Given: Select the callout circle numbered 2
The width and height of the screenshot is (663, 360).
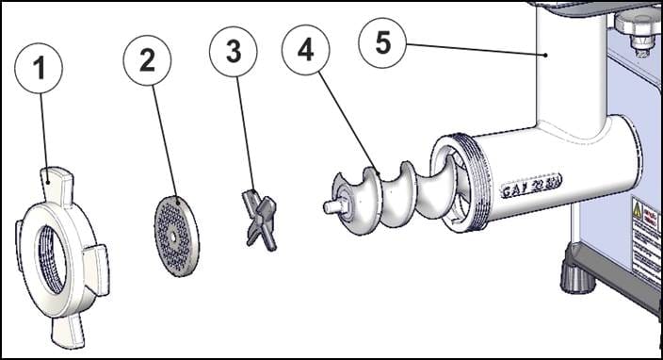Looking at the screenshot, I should pyautogui.click(x=148, y=58).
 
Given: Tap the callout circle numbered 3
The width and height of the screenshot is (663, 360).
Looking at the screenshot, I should pyautogui.click(x=233, y=51).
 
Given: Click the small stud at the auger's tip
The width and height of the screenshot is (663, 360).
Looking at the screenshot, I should pyautogui.click(x=330, y=205).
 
